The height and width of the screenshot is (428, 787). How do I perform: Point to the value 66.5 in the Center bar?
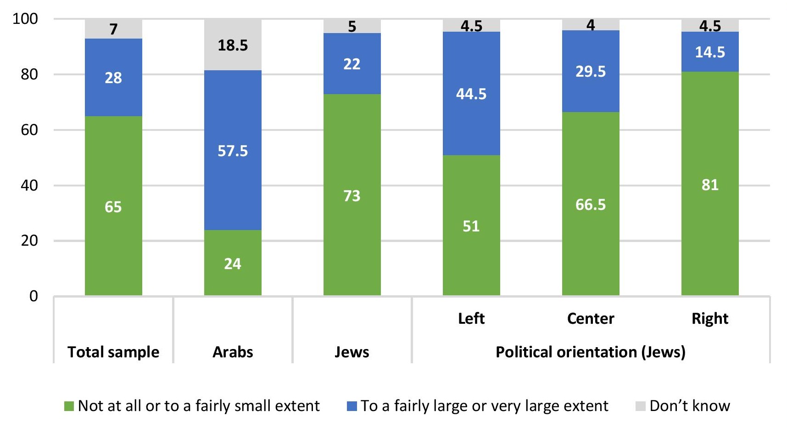(x=591, y=204)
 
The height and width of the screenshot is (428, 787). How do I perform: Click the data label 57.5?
(x=233, y=151)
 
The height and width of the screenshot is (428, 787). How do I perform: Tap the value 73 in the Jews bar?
(x=352, y=196)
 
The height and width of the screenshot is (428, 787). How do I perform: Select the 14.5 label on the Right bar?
(x=710, y=52)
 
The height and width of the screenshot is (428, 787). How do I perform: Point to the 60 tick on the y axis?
(x=29, y=130)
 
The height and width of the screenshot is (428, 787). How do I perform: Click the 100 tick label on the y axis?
(x=25, y=19)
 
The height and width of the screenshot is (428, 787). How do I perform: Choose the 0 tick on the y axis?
(x=33, y=296)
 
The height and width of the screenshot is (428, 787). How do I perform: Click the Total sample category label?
(x=113, y=352)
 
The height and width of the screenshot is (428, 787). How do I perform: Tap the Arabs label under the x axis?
(x=233, y=352)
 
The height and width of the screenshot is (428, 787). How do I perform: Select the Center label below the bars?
(x=591, y=319)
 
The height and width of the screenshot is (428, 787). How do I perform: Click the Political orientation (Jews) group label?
(x=591, y=352)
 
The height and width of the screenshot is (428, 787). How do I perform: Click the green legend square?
(x=69, y=406)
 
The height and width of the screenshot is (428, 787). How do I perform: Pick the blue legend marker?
(x=352, y=406)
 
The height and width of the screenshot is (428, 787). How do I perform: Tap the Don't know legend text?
(x=690, y=406)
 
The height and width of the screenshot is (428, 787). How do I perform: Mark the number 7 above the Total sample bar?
(x=113, y=29)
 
